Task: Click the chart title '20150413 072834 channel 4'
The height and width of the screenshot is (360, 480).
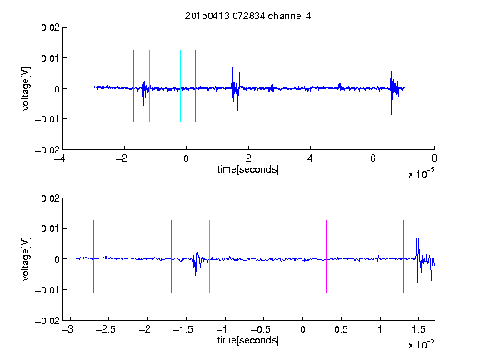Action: coord(248,16)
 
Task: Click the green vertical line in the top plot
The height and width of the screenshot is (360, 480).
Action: coord(149,86)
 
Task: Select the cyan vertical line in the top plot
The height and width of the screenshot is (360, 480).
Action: coord(180,86)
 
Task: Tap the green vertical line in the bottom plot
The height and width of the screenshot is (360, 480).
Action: coord(209,257)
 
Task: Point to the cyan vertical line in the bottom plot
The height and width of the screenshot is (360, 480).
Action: coord(287,257)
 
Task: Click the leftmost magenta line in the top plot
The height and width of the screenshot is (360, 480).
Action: coord(102,86)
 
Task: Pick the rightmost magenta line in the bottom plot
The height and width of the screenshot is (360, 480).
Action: coord(403,257)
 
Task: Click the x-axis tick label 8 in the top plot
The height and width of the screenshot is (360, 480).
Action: coord(434,158)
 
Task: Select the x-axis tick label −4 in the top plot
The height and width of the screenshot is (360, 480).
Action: coord(60,158)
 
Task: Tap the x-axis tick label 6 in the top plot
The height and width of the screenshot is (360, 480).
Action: coord(372,158)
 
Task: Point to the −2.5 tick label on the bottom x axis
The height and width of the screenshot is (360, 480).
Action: coord(106,329)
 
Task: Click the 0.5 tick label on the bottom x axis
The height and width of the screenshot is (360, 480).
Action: coord(342,329)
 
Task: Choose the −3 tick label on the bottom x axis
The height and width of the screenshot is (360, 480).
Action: coord(67,329)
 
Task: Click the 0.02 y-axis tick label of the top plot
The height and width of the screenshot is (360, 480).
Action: coord(50,27)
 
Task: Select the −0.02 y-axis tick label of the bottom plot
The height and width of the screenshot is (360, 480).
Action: coord(47,321)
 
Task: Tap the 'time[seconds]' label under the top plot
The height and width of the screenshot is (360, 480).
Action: coord(248,169)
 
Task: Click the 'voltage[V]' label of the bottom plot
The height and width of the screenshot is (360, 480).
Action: coord(27,259)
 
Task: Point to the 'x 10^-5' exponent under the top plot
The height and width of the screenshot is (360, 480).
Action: coord(421,173)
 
